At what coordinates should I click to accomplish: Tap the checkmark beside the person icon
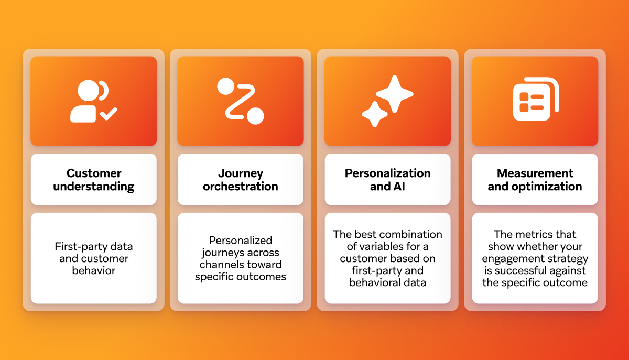109,113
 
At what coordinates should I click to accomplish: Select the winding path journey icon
241,101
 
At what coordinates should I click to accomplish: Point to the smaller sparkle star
375,114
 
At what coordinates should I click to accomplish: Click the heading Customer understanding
94,180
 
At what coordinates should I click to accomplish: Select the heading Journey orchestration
241,180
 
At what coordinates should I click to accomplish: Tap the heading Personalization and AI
387,180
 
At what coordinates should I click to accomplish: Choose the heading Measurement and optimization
535,180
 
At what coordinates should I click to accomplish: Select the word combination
409,234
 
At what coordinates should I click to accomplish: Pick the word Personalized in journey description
241,241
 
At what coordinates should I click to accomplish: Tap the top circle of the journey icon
225,86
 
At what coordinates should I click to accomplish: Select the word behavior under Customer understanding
94,270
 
